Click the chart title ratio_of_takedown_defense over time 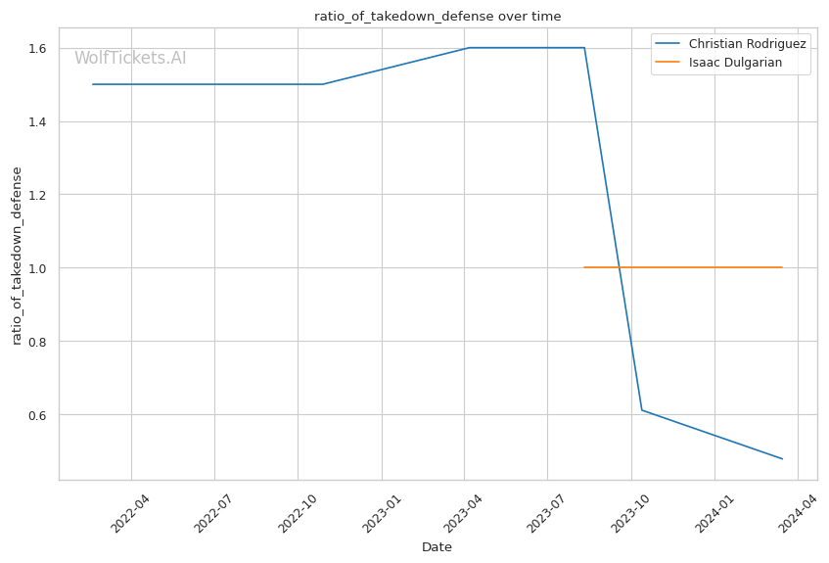point(438,16)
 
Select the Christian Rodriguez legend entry point(747,44)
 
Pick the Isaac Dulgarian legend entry point(735,65)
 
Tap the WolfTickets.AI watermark point(130,59)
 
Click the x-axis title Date point(437,547)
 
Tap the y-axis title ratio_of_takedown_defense point(17,256)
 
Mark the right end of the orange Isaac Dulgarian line point(782,267)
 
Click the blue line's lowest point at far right point(782,458)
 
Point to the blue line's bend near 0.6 point(641,409)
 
